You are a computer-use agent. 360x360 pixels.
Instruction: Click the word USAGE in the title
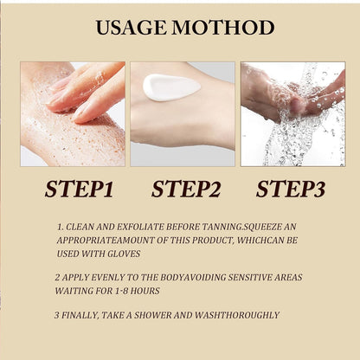(132, 28)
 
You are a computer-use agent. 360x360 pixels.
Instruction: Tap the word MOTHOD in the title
(223, 28)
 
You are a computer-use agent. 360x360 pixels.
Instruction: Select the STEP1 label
(79, 190)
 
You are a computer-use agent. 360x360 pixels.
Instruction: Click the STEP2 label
(186, 190)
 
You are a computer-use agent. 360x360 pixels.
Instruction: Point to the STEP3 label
(291, 190)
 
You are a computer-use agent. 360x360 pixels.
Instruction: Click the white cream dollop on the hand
(171, 87)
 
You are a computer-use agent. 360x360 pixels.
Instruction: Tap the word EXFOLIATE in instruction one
(140, 227)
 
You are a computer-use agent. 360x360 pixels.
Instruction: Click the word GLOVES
(124, 254)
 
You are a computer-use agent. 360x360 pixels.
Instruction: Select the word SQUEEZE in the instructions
(261, 227)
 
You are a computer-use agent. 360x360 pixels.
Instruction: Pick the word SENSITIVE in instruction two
(250, 278)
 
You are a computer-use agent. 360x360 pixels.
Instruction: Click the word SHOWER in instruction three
(153, 315)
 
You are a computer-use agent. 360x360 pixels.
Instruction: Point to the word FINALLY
(80, 315)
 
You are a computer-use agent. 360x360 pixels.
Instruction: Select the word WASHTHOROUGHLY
(237, 315)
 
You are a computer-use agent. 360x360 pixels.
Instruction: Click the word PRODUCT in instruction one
(212, 241)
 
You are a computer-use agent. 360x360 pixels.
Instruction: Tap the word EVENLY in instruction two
(108, 278)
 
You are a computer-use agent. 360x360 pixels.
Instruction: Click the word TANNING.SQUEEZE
(241, 227)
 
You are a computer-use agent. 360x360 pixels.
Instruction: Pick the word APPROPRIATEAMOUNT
(106, 241)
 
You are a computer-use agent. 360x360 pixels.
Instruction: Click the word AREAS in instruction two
(288, 278)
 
